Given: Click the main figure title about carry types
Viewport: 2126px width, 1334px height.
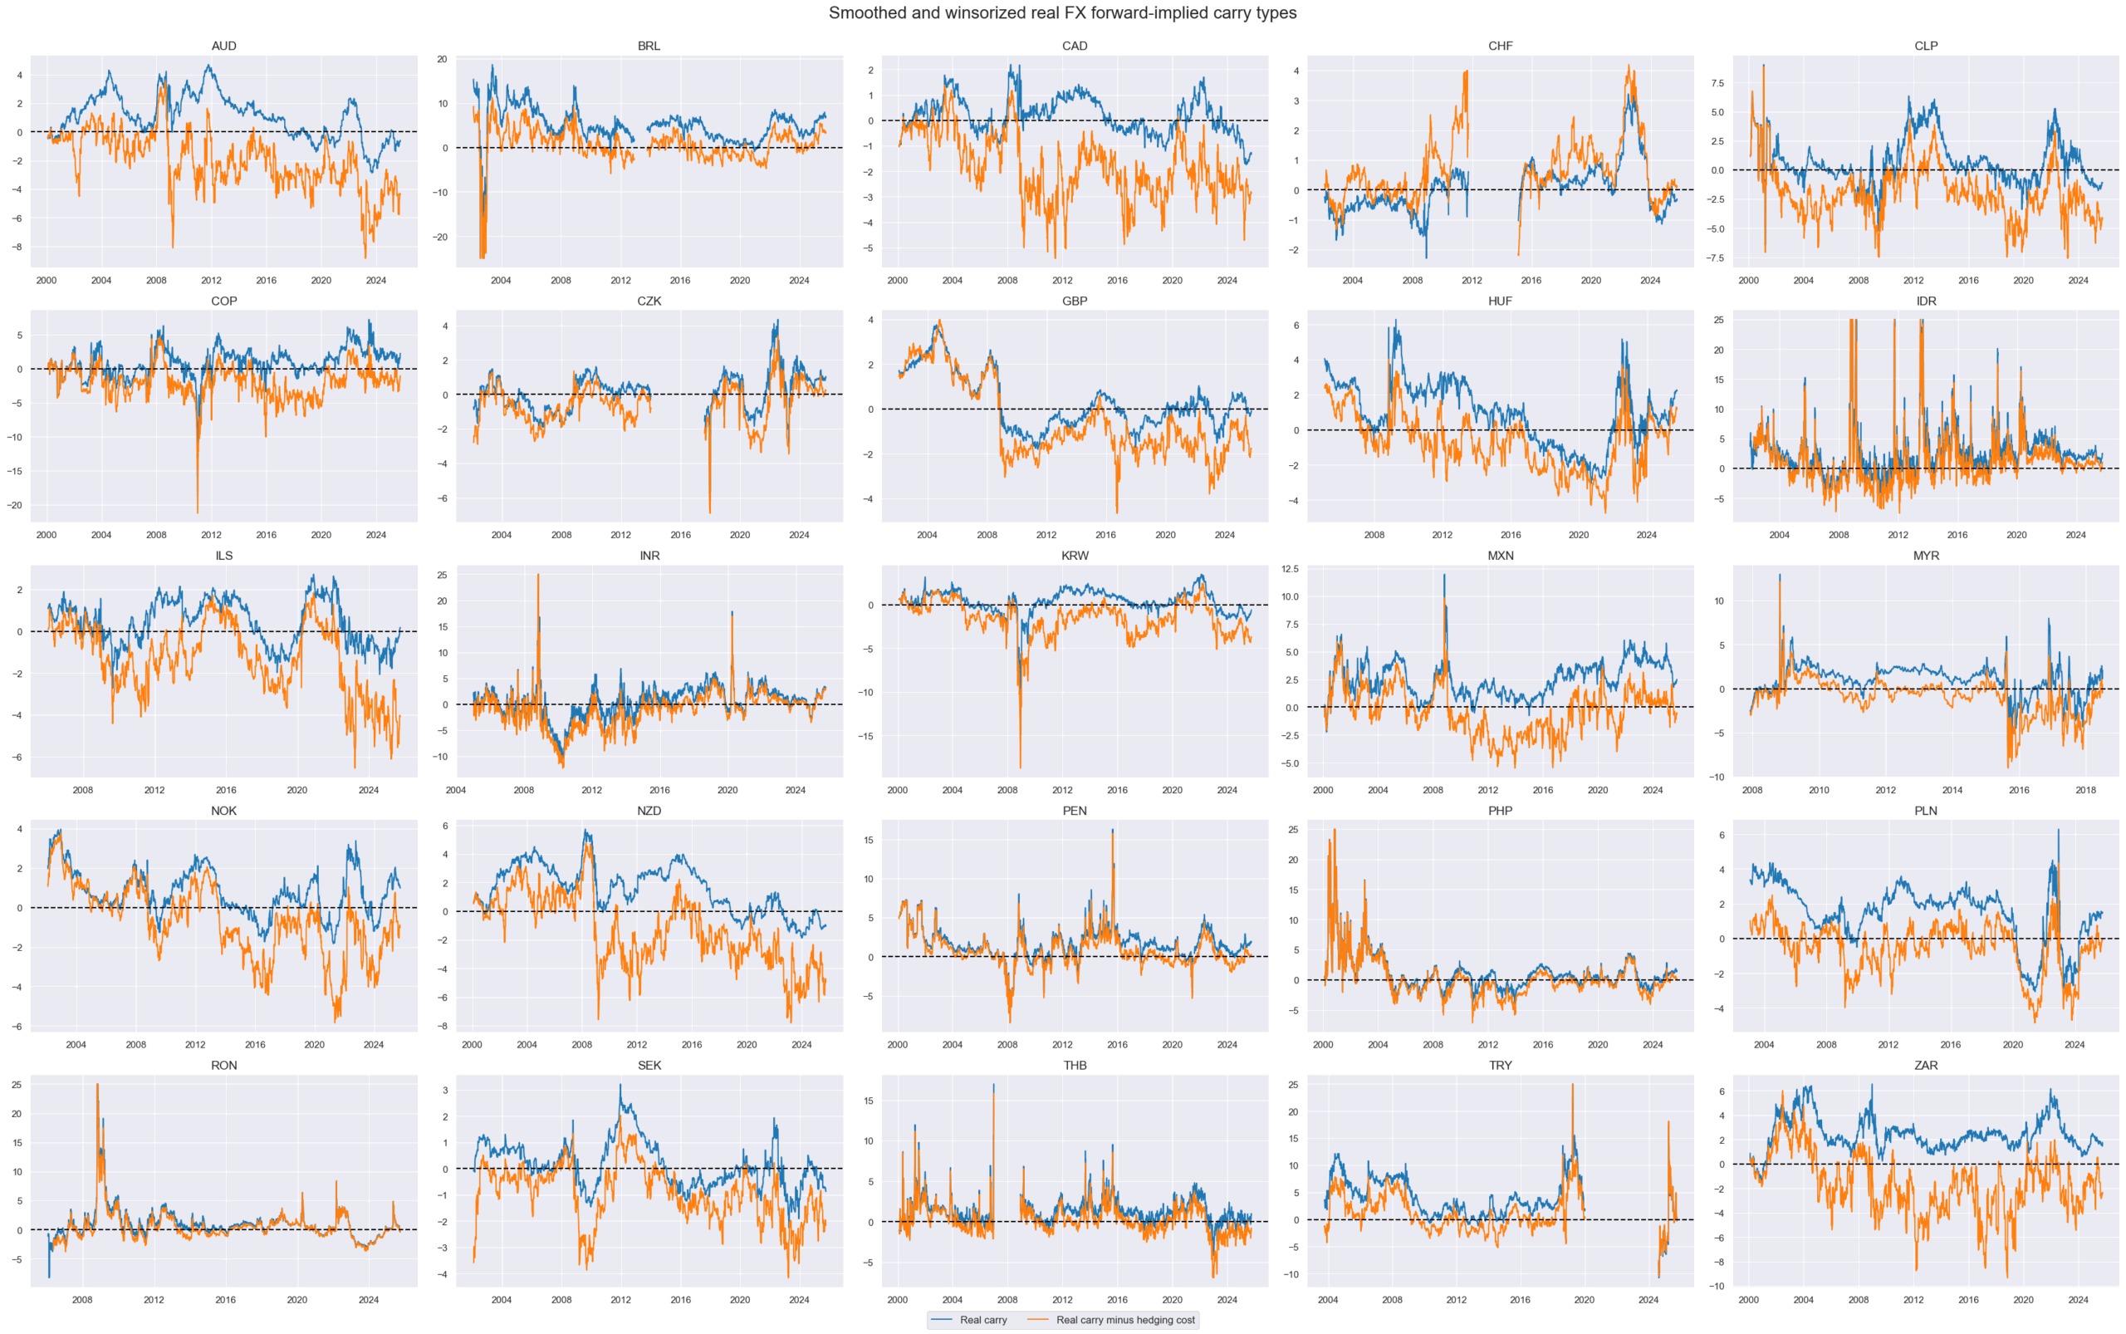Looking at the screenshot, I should (x=1062, y=13).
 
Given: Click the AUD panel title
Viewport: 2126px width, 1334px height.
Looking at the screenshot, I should (x=223, y=46).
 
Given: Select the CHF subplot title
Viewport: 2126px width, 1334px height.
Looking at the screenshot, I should (x=1500, y=46).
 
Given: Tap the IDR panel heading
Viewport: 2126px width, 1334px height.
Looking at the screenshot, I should (x=1926, y=301).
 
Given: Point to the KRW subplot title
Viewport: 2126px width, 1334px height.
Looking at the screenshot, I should (x=1075, y=556).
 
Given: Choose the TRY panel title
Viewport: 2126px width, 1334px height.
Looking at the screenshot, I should (x=1500, y=1065).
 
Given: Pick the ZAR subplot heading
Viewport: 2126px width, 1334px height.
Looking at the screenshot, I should (x=1926, y=1065).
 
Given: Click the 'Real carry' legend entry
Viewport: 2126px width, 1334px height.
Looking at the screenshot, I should (x=982, y=1320).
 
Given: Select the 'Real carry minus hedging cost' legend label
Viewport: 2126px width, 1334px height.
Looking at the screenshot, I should (x=1124, y=1320).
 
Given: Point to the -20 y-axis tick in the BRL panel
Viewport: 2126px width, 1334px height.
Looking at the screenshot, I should (x=440, y=238).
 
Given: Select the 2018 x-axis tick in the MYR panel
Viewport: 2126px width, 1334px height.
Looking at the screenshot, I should (x=2085, y=790).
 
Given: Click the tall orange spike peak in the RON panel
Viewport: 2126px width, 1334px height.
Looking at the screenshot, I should (x=97, y=1084).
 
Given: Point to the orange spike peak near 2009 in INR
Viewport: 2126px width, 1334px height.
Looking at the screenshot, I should (x=538, y=576).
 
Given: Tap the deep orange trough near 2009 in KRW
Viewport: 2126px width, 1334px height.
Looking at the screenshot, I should (x=1021, y=768).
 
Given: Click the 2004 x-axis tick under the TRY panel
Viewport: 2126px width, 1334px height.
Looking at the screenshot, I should (x=1328, y=1300).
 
